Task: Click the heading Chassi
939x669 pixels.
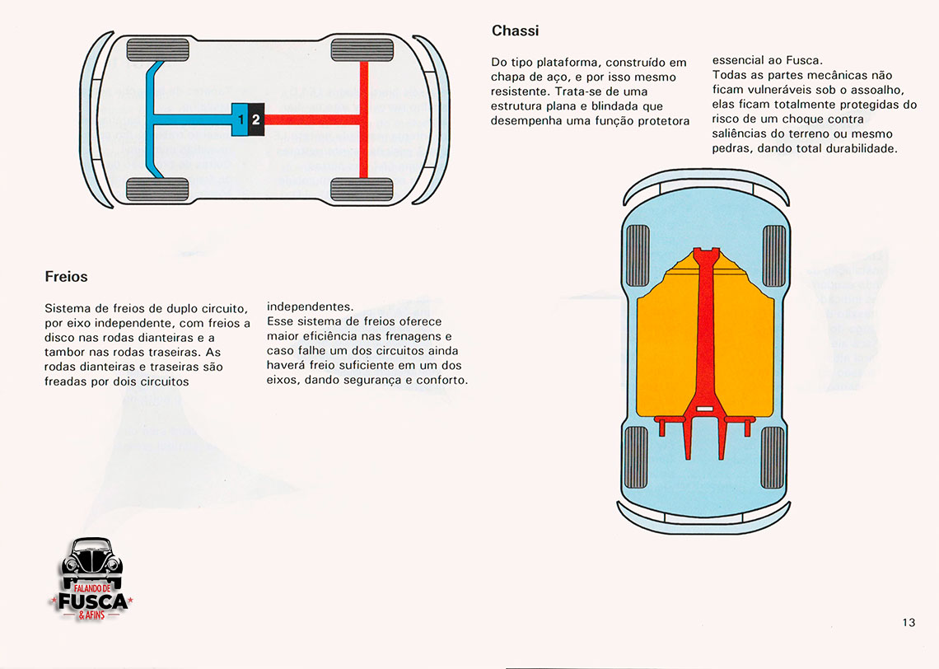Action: pyautogui.click(x=515, y=31)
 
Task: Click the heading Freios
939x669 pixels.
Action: pyautogui.click(x=66, y=277)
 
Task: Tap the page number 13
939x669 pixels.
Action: pyautogui.click(x=909, y=623)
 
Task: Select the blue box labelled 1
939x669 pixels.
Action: pyautogui.click(x=240, y=119)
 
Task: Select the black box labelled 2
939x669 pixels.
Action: pyautogui.click(x=256, y=119)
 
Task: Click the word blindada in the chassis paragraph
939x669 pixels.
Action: pyautogui.click(x=610, y=106)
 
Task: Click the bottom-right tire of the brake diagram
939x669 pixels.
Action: pyautogui.click(x=362, y=190)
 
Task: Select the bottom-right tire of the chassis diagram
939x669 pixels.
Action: pyautogui.click(x=773, y=457)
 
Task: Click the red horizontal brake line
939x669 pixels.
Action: pyautogui.click(x=313, y=119)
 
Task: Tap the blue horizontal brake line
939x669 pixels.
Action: pyautogui.click(x=194, y=119)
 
